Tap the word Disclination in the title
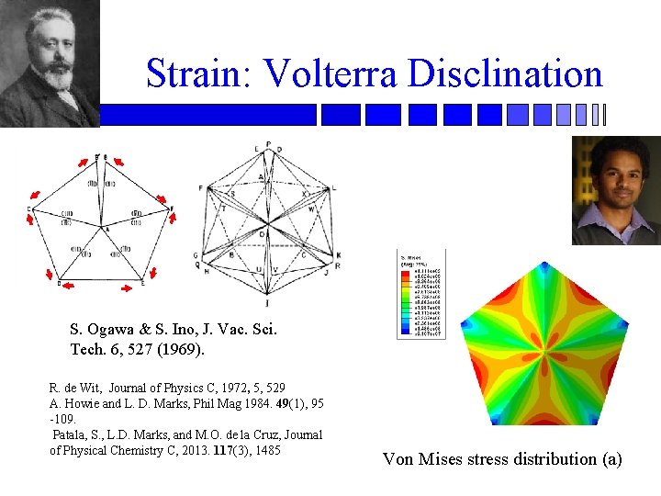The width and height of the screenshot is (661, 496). coord(500,73)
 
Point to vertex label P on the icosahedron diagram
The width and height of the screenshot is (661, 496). coord(268,144)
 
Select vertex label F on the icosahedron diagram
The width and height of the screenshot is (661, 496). coord(200,187)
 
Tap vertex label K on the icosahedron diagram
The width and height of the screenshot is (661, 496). coord(339,254)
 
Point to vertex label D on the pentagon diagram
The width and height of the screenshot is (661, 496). coord(59,284)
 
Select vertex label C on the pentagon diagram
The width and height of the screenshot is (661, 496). coord(30,210)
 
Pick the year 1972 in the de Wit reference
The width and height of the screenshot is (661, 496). coord(234,388)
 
